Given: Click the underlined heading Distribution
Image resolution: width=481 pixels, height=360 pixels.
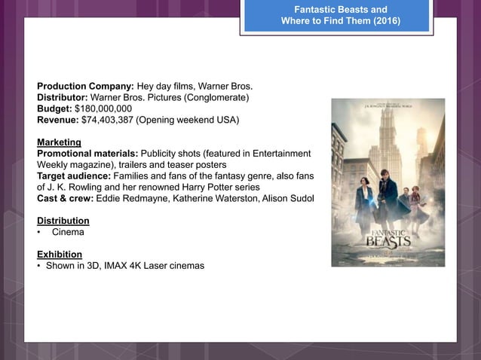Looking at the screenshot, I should point(63,221).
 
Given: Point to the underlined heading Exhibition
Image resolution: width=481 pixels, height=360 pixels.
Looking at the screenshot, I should point(60,254).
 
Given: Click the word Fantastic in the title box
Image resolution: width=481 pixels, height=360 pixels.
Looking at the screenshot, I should point(315,9).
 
